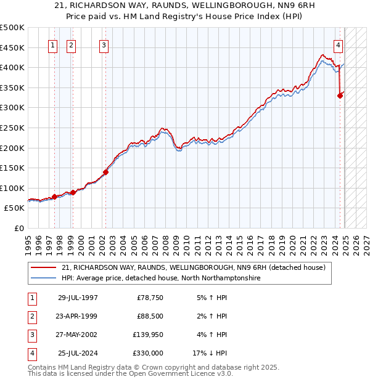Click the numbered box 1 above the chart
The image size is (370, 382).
point(52,45)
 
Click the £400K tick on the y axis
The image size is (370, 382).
point(12,67)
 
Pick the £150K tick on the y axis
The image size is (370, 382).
point(12,168)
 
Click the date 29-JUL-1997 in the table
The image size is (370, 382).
point(78,298)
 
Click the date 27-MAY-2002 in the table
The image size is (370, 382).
point(78,335)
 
